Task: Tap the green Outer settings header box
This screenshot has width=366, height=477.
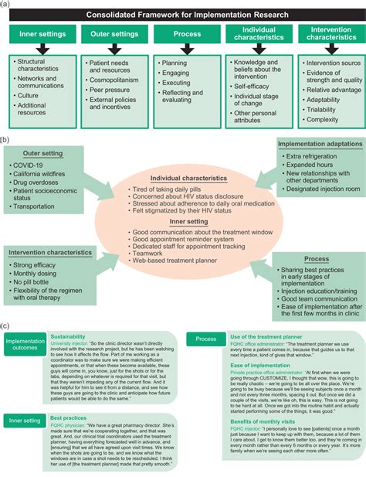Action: click(x=114, y=35)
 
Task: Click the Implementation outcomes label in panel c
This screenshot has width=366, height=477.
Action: click(x=25, y=346)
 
